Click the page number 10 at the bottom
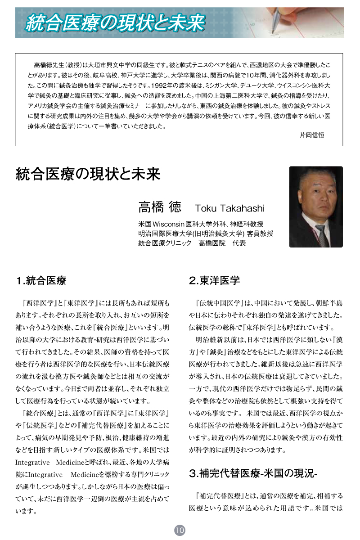[x=180, y=530]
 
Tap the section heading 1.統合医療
[x=41, y=281]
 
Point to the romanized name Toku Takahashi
[x=230, y=208]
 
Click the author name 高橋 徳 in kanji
[x=160, y=207]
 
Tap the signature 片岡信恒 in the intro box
[x=311, y=135]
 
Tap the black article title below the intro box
[x=88, y=174]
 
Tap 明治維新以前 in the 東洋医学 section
[x=214, y=338]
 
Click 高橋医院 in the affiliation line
[x=211, y=243]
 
